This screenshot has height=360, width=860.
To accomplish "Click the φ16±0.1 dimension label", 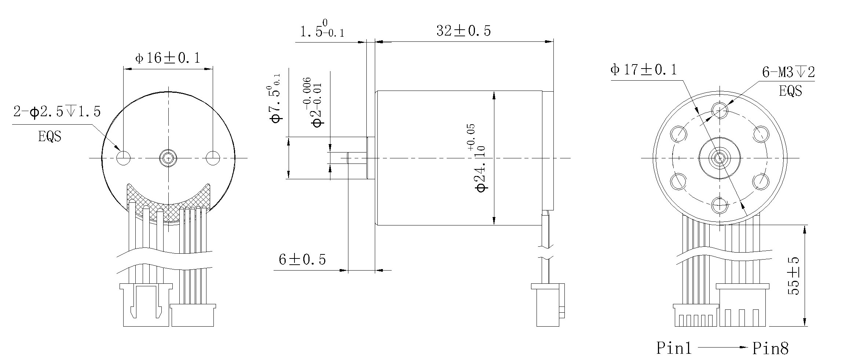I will tap(168, 58).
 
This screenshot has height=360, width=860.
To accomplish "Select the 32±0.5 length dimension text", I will tap(463, 31).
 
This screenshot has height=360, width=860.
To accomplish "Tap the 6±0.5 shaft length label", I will tap(302, 260).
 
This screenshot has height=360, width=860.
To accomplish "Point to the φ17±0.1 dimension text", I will tap(643, 70).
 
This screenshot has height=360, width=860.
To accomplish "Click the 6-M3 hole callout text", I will tap(788, 72).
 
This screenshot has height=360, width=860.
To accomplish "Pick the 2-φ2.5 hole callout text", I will tap(57, 111).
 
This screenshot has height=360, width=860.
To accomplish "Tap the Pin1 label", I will tap(674, 348).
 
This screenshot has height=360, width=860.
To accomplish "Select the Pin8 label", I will tap(771, 348).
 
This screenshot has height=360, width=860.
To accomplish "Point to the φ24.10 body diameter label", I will tap(481, 158).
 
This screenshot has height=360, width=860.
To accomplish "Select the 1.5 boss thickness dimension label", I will tap(322, 30).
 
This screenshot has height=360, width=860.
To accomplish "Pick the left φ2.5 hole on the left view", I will tap(123, 158).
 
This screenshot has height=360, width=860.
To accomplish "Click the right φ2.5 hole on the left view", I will tap(213, 158).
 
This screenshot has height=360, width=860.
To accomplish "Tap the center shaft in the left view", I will tap(168, 158).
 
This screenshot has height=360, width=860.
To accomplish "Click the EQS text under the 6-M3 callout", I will tap(790, 91).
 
